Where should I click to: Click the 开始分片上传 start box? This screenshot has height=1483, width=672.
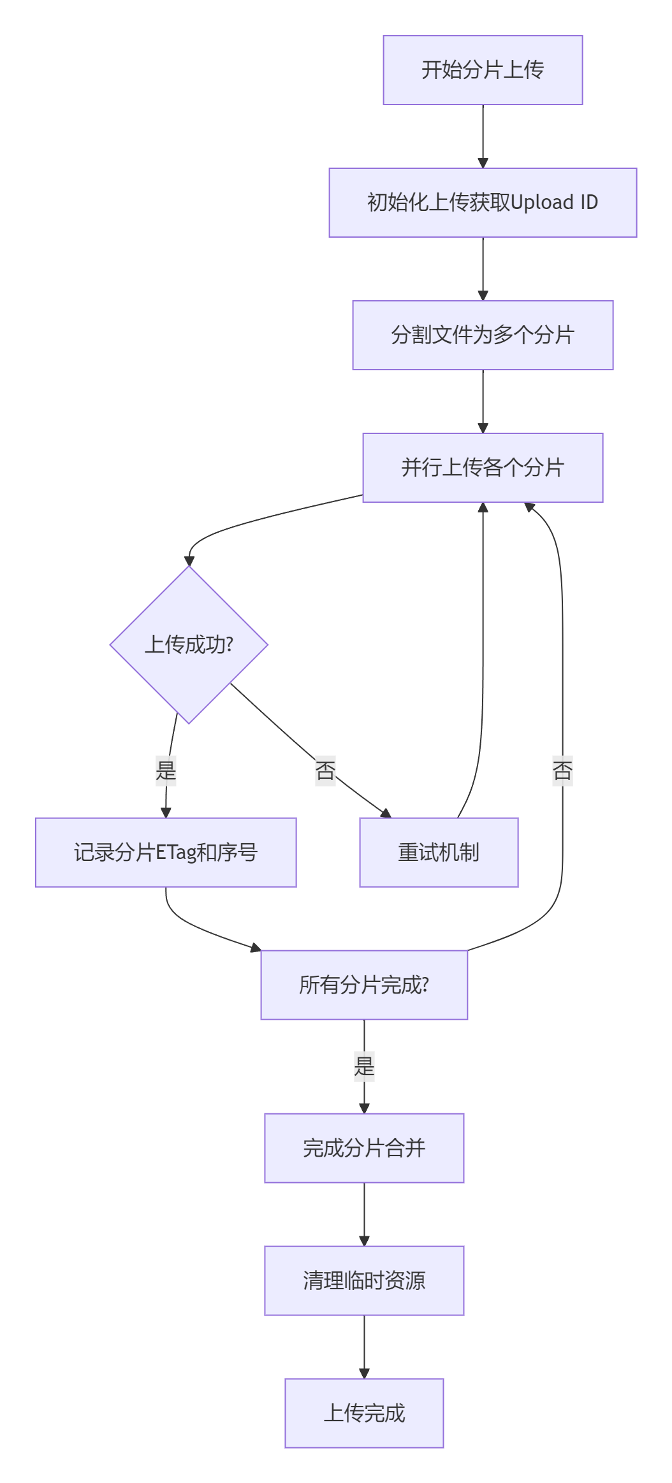point(483,70)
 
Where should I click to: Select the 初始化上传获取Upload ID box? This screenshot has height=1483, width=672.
point(483,203)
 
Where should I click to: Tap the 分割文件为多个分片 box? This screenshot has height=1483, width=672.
point(483,335)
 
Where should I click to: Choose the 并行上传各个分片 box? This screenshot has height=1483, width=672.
point(483,468)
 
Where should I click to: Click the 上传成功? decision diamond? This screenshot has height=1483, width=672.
point(189,645)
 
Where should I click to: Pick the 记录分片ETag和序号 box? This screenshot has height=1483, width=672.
point(166,853)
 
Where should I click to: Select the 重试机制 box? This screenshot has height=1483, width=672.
point(439,853)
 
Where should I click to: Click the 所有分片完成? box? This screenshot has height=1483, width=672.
point(364,985)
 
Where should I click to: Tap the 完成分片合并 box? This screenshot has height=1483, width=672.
point(364,1148)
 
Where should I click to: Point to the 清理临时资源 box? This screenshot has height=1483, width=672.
point(364,1281)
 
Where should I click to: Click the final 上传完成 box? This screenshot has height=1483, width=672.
point(364,1414)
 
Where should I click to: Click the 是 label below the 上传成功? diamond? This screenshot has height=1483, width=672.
point(166,770)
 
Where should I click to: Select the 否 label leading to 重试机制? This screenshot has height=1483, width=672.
point(325,770)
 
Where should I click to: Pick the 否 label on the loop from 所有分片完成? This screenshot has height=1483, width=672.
point(562,770)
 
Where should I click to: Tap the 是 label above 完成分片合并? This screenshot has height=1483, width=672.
point(364,1066)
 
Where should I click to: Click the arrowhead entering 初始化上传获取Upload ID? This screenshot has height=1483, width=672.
point(483,163)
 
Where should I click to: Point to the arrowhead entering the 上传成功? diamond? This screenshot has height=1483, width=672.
point(189,561)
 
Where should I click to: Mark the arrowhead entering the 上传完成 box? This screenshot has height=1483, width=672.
point(364,1373)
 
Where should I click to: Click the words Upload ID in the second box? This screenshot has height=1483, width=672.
point(554,203)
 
